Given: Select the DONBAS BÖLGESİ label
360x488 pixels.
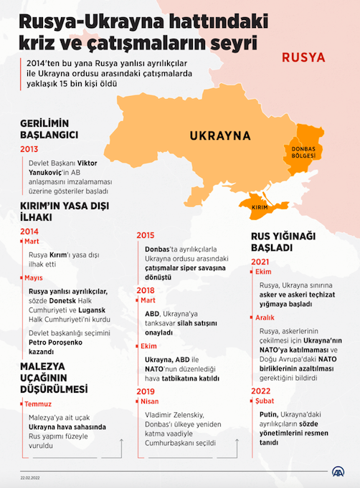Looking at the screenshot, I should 304,152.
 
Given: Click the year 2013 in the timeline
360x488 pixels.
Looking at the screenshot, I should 29,150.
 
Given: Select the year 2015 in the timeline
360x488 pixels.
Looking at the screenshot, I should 146,235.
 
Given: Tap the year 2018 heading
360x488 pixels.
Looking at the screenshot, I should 146,290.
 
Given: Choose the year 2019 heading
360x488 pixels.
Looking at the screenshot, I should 146,391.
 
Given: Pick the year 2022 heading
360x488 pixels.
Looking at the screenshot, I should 261,391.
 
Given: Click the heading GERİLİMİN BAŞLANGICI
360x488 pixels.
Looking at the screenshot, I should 49,128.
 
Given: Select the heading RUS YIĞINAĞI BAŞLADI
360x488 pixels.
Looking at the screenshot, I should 283,241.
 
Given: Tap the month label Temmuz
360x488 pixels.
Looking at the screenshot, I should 38,404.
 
